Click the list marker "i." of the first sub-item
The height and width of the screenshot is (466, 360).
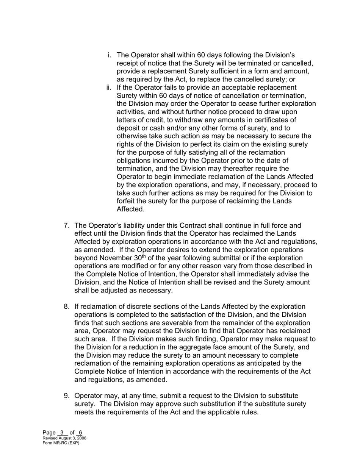click(110, 55)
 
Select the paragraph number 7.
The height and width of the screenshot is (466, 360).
click(67, 226)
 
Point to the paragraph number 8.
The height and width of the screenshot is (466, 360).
click(67, 306)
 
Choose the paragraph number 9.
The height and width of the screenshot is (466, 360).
click(67, 396)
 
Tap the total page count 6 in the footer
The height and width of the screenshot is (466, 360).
click(80, 433)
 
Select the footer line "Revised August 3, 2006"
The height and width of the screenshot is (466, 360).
click(64, 438)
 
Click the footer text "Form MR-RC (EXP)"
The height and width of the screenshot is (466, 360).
click(61, 443)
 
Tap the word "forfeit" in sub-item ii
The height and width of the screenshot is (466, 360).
click(127, 201)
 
